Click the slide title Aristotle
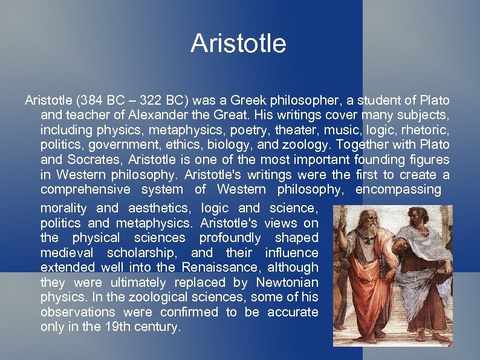[238, 44]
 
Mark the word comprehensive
[85, 190]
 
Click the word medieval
[68, 253]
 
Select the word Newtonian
[287, 283]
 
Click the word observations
[77, 312]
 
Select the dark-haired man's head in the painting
[418, 226]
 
